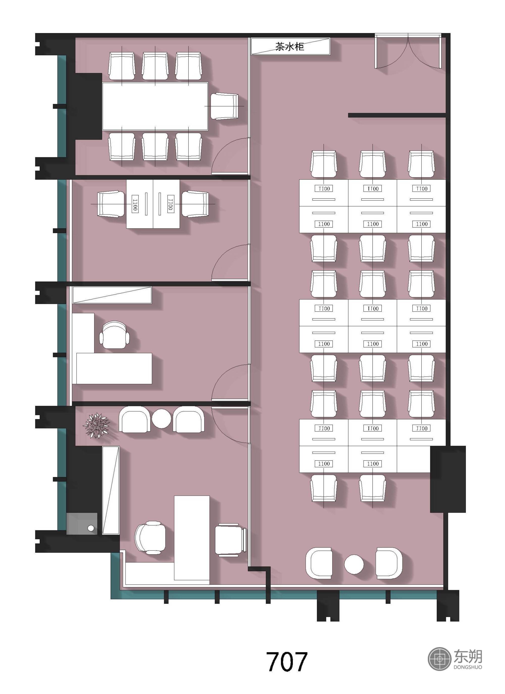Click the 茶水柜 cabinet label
[x=289, y=47]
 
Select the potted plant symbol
[x=96, y=425]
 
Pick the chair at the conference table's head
[x=224, y=106]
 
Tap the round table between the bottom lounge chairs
[x=354, y=564]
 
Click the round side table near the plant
[x=162, y=419]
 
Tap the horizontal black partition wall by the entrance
[x=397, y=115]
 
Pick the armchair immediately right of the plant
[x=134, y=419]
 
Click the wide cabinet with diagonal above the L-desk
[x=112, y=295]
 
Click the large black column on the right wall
[x=448, y=479]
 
